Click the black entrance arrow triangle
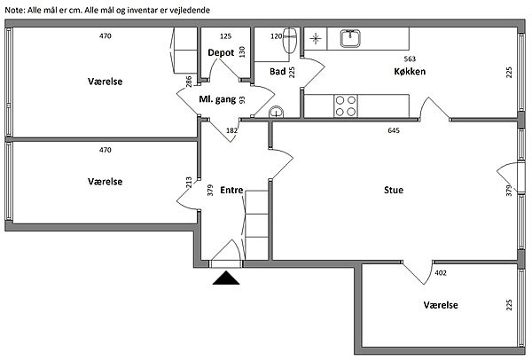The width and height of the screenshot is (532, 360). (x=228, y=279)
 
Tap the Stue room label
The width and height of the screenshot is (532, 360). (x=395, y=188)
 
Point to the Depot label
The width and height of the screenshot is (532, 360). (x=221, y=53)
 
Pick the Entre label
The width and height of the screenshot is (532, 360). (x=231, y=189)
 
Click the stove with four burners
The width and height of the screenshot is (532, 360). (x=345, y=106)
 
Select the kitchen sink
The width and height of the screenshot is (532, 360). (x=351, y=39)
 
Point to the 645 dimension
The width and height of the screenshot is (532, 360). (x=394, y=131)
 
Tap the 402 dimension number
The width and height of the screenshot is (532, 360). (x=442, y=274)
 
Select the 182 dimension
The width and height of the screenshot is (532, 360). (x=232, y=131)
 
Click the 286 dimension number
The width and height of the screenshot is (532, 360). (x=189, y=82)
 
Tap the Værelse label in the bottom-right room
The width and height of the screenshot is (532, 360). (x=441, y=304)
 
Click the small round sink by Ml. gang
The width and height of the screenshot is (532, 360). (x=277, y=111)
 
